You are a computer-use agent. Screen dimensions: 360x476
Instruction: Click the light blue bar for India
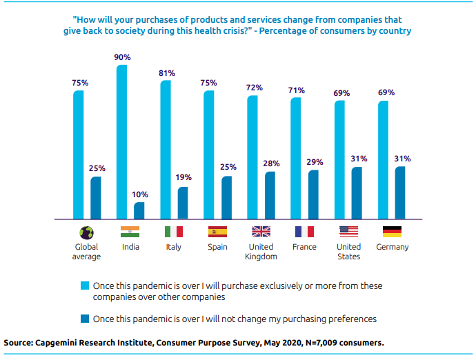[x=122, y=141]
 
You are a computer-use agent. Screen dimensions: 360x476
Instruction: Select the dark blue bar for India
[x=139, y=210]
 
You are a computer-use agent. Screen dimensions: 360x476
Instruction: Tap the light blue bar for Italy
[x=166, y=149]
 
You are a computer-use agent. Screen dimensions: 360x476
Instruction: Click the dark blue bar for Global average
[x=96, y=197]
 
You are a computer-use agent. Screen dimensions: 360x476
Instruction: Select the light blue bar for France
[x=296, y=158]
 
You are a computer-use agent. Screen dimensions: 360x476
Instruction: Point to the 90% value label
[x=122, y=57]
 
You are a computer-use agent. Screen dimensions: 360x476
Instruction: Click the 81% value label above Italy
[x=166, y=72]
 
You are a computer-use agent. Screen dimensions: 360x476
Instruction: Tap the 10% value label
[x=140, y=194]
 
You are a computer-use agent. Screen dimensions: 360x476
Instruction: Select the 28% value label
[x=270, y=163]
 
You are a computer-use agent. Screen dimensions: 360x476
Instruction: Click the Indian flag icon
[x=130, y=232]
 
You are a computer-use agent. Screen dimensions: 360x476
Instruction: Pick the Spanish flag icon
[x=217, y=232]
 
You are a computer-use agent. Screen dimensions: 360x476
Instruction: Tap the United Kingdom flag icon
[x=261, y=232]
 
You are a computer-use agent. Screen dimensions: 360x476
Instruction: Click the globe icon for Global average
[x=87, y=232]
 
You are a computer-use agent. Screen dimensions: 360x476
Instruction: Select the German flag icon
[x=392, y=232]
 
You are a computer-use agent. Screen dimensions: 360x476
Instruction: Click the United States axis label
[x=348, y=252]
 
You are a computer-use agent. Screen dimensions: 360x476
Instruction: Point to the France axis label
[x=304, y=247]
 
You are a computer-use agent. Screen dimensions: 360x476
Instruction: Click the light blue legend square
[x=85, y=286]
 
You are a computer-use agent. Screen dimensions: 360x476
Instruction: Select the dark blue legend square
[x=85, y=319]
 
